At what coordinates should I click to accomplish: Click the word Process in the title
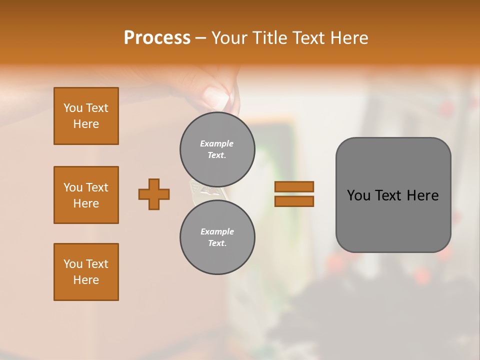(x=157, y=38)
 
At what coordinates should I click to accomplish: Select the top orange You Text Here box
(x=86, y=116)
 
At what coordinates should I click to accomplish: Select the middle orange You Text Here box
(x=86, y=195)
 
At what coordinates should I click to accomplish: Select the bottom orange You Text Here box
(x=86, y=272)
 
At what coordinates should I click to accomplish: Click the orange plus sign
(x=154, y=194)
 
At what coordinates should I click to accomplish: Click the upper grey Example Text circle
(x=217, y=149)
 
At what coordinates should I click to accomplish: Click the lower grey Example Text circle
(x=217, y=237)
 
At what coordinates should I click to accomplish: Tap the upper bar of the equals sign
(x=294, y=187)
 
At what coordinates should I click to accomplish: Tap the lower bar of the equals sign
(x=294, y=201)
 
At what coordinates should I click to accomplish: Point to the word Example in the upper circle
(x=217, y=143)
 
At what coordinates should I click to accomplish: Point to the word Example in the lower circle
(x=217, y=231)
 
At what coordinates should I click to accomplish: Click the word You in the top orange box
(x=73, y=108)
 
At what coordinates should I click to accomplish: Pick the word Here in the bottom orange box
(x=86, y=280)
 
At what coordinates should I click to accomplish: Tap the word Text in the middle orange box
(x=97, y=187)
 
